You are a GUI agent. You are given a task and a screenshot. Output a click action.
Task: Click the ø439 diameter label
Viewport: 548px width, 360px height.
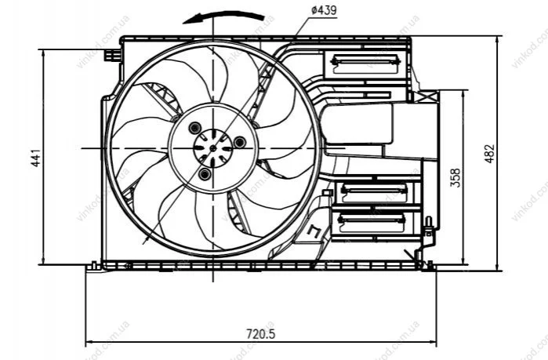tap(324, 10)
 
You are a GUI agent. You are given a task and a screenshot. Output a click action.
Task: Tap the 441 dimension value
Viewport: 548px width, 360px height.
tap(36, 158)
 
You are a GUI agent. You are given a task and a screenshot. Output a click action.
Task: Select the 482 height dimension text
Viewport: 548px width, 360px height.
tap(490, 154)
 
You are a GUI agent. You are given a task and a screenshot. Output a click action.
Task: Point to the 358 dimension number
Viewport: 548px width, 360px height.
tap(455, 178)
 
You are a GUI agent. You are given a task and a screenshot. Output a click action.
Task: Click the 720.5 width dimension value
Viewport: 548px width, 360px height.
tap(261, 334)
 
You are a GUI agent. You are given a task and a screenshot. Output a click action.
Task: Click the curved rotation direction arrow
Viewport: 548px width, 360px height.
tap(223, 16)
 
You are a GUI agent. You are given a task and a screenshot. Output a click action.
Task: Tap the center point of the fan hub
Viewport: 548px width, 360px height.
tap(212, 148)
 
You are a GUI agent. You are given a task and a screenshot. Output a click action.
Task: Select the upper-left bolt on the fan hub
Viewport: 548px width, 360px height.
tap(194, 128)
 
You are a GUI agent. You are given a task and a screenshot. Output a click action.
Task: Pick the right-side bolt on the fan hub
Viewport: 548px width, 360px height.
tap(240, 142)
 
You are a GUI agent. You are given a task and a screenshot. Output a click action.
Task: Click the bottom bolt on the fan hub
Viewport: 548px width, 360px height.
tap(205, 173)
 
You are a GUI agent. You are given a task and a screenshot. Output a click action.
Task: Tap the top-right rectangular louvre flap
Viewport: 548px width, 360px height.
tap(365, 64)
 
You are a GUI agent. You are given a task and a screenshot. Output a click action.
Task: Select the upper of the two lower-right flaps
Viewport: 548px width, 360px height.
tap(374, 193)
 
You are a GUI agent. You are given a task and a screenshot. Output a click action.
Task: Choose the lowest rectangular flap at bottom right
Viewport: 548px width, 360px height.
tap(372, 223)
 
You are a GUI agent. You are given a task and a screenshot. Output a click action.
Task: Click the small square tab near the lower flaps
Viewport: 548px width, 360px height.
tap(327, 193)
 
